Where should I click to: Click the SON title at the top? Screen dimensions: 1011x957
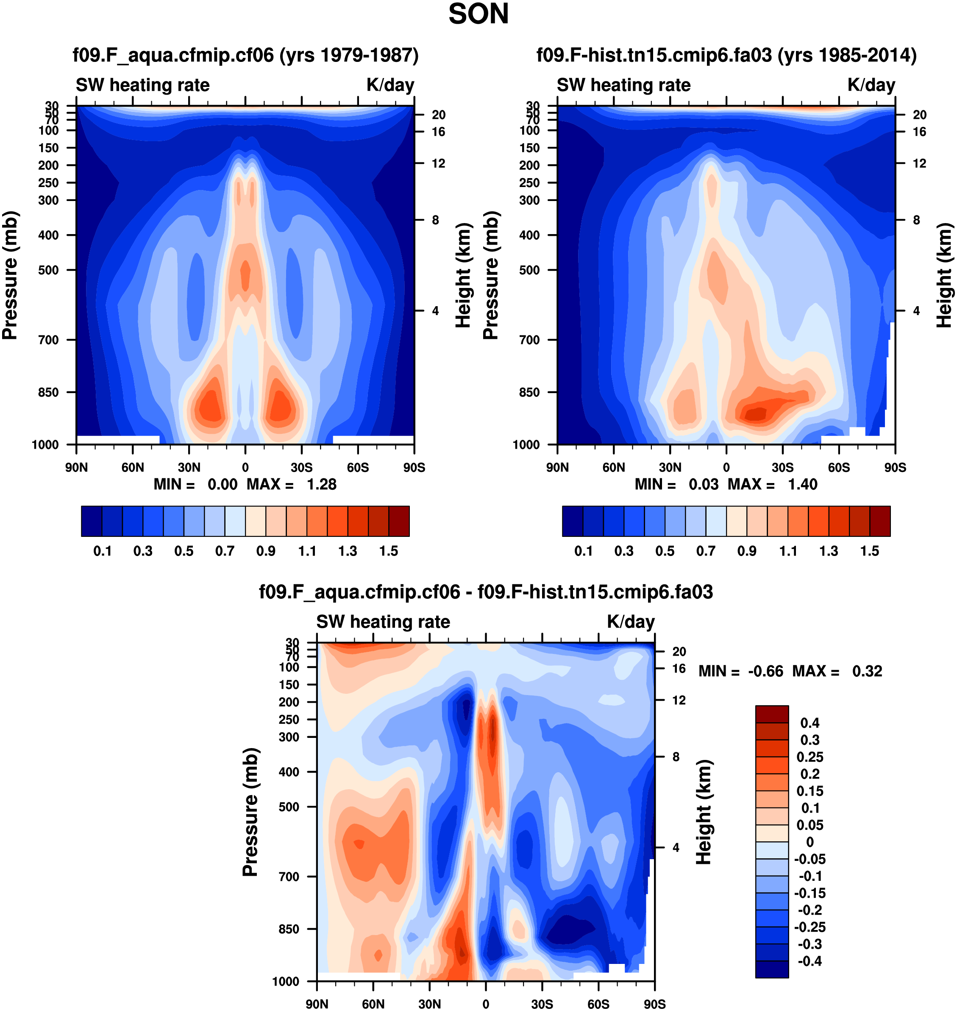478,14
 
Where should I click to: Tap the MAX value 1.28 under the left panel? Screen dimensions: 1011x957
321,484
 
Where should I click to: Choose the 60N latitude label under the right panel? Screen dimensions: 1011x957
613,467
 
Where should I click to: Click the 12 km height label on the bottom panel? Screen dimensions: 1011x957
679,700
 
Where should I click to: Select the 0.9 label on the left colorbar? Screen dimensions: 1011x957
266,551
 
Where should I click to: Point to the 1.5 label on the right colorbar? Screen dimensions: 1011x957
869,551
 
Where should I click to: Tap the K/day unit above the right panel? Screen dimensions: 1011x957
871,85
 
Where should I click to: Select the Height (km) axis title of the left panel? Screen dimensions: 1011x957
463,276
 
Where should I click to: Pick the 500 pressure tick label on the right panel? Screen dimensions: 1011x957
529,270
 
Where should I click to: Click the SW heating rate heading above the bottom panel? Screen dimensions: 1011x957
383,622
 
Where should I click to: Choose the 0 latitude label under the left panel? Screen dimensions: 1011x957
245,467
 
